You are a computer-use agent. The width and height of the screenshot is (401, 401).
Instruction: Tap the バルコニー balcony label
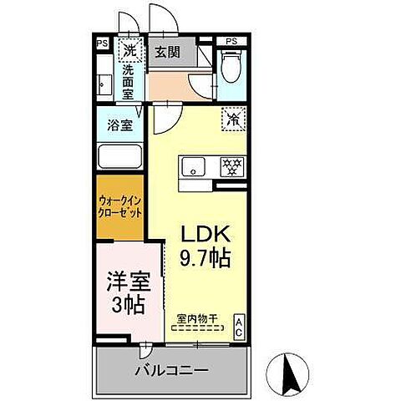[x=172, y=369]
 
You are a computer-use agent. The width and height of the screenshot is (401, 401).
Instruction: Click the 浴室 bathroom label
[x=119, y=126]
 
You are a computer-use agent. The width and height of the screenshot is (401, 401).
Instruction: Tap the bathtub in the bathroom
[x=119, y=157]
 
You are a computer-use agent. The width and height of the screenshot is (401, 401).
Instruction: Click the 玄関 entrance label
[x=167, y=52]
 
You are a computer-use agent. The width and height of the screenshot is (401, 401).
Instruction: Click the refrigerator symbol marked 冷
[x=232, y=119]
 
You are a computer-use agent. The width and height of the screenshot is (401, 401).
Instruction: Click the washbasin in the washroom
[x=104, y=84]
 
